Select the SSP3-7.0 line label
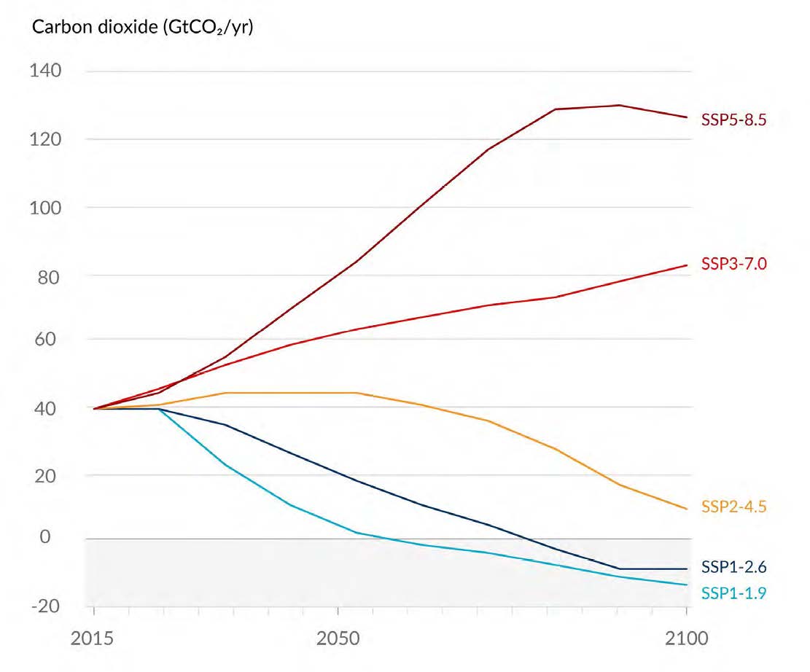(733, 264)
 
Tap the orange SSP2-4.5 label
(733, 507)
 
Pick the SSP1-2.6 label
(733, 566)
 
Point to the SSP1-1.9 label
(733, 593)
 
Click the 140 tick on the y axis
(44, 71)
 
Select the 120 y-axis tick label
(44, 139)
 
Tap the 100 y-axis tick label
(44, 208)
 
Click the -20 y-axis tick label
(45, 606)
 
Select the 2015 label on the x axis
(94, 639)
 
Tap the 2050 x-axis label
(338, 639)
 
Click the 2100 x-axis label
(687, 639)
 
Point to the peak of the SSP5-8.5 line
(619, 105)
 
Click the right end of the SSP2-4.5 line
(687, 509)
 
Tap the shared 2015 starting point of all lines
(94, 409)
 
